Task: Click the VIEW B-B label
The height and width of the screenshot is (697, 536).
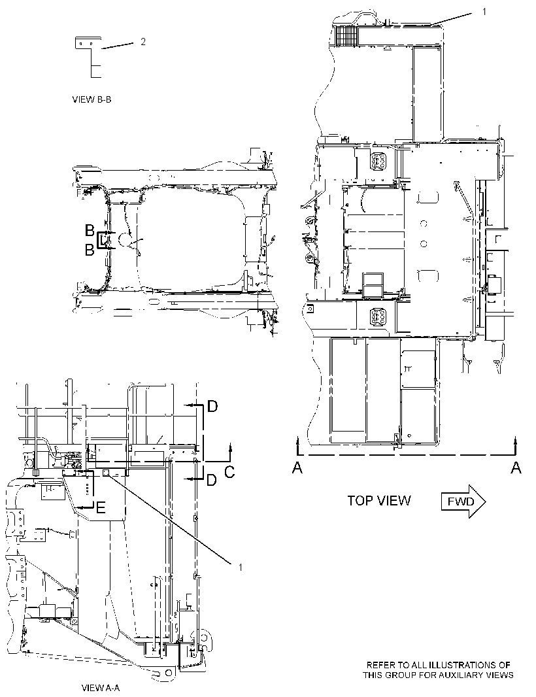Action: click(x=92, y=99)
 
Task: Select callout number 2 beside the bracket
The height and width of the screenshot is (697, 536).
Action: click(x=142, y=42)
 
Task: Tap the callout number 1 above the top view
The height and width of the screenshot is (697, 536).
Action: click(x=484, y=12)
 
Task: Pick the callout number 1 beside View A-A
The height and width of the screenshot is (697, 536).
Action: click(x=241, y=567)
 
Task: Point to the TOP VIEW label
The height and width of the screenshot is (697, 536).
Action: click(x=379, y=501)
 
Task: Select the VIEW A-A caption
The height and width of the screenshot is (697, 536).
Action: click(x=101, y=688)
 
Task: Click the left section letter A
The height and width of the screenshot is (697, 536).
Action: click(x=297, y=467)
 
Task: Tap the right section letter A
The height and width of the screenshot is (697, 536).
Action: click(x=516, y=467)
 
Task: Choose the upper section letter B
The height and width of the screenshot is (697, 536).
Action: click(x=90, y=230)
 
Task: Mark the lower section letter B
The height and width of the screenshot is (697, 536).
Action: click(x=90, y=250)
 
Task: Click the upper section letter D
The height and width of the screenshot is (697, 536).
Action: click(x=213, y=406)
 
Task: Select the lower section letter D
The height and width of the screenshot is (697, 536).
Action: click(x=212, y=480)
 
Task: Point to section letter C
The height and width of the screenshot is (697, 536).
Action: click(x=229, y=472)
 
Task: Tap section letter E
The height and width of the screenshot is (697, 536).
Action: click(x=101, y=507)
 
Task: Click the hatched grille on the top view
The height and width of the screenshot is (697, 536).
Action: click(x=347, y=34)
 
